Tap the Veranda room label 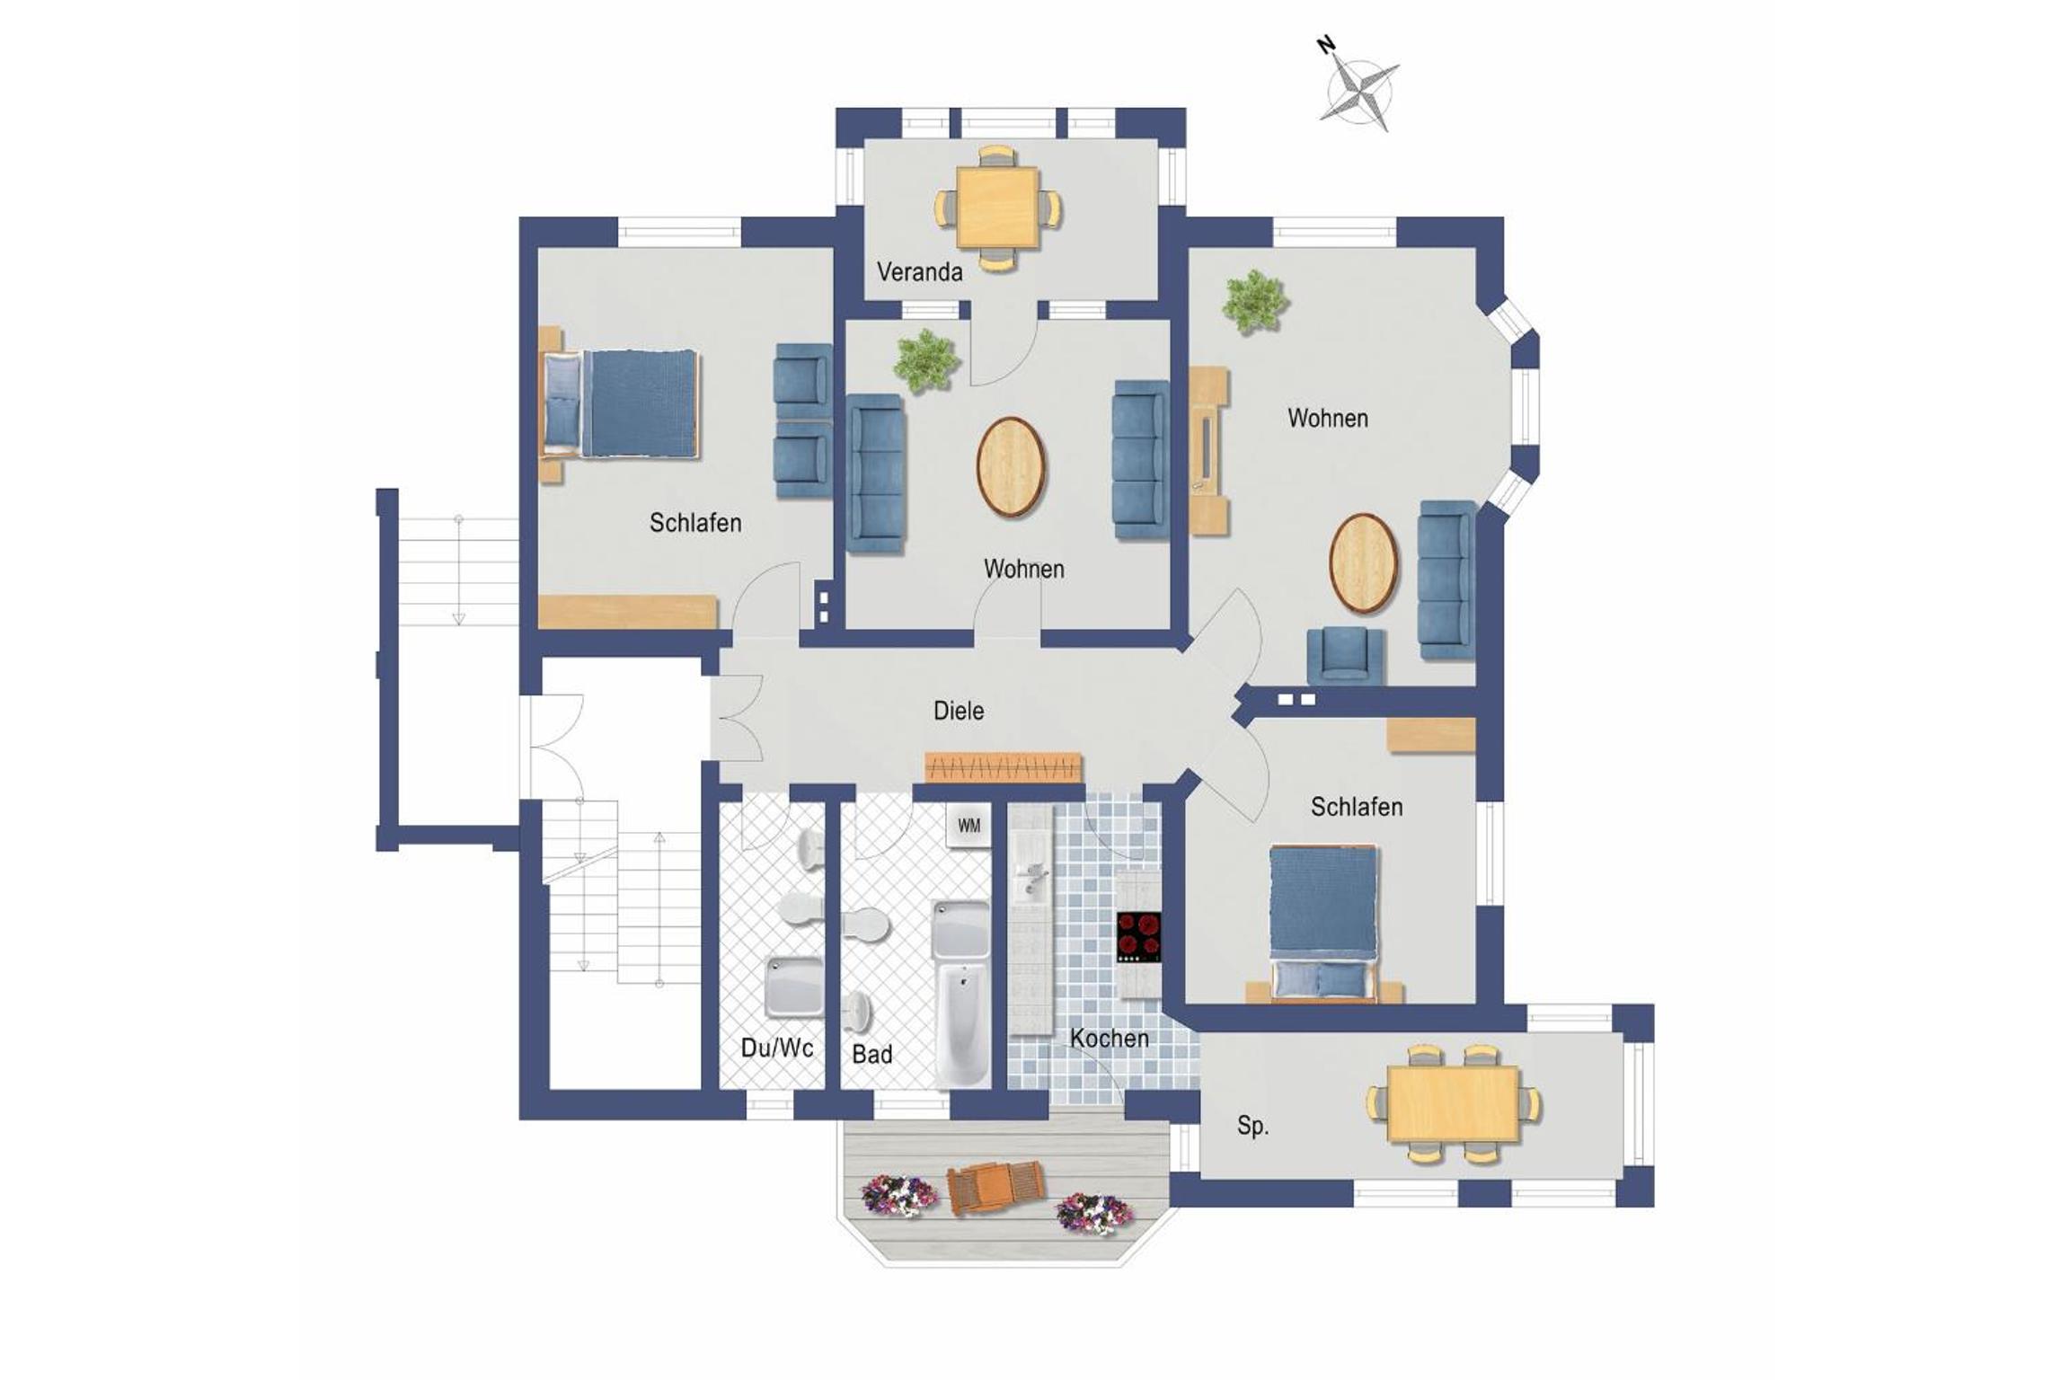[x=919, y=271]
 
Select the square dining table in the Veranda [x=997, y=208]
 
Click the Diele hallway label [x=959, y=711]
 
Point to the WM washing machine [x=968, y=825]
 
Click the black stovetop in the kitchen [x=1138, y=937]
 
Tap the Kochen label [x=1109, y=1039]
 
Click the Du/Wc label [x=777, y=1048]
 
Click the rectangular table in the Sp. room [x=1453, y=1103]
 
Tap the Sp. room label [x=1252, y=1126]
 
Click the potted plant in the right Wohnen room [x=1254, y=302]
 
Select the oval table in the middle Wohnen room [x=1011, y=467]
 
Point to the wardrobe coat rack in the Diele [x=1004, y=767]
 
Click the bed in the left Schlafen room [x=620, y=404]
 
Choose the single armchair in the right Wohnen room [x=1345, y=655]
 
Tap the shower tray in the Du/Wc [x=793, y=988]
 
